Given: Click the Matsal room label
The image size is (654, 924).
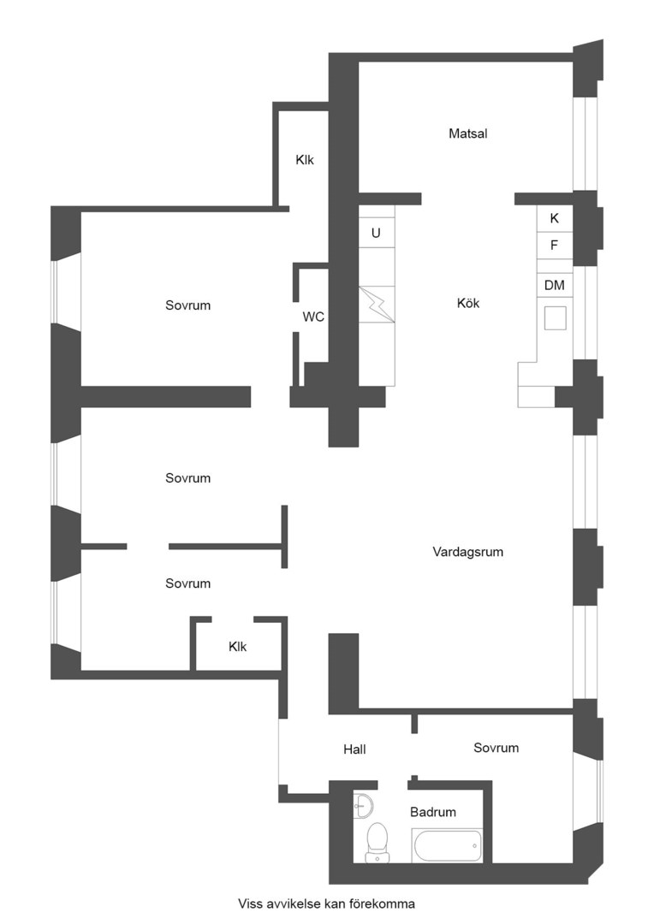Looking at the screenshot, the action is click(x=467, y=133).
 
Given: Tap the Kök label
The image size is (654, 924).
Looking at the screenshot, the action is click(x=468, y=303).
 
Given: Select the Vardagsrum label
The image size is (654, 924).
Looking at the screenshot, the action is click(x=467, y=552).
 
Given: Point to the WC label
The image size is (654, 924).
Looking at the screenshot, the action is click(x=313, y=317).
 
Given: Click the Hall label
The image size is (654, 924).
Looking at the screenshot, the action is click(x=354, y=749).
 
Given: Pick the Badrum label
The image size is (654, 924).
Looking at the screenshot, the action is click(x=433, y=812).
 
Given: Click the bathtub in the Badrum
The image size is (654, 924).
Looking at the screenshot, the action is click(x=448, y=845).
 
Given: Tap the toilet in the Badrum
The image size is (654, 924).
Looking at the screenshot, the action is click(x=377, y=843).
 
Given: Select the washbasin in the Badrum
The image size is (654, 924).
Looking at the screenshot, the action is click(x=362, y=805).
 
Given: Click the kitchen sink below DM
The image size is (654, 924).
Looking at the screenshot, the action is click(x=555, y=318).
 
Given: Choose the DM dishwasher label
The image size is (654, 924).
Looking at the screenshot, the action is click(x=555, y=285).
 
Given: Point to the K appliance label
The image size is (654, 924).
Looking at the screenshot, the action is click(x=555, y=218).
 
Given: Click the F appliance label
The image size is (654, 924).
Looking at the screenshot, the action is click(x=554, y=246).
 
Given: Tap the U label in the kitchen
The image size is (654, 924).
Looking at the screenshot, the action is click(x=376, y=234).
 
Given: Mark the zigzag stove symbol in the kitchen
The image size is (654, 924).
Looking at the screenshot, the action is click(x=377, y=305).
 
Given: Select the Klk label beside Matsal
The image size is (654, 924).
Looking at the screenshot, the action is click(x=305, y=160).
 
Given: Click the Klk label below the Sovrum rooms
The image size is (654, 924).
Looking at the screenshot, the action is click(x=238, y=647).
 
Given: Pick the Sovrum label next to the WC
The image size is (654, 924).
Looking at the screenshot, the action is click(x=187, y=305).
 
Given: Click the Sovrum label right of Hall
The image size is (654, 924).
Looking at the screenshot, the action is click(x=496, y=748).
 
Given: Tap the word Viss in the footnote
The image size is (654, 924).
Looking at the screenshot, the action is click(x=249, y=903).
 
